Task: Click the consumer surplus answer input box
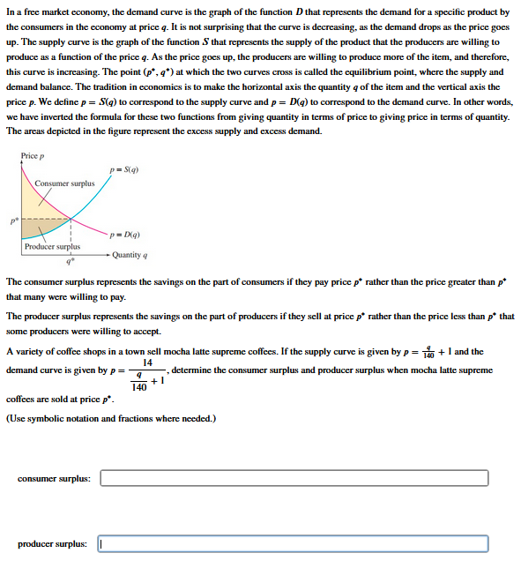tap(294, 478)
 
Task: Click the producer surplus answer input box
tap(294, 544)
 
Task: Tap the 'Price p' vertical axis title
tap(33, 156)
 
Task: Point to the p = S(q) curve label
tap(123, 169)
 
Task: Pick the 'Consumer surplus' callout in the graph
tap(64, 183)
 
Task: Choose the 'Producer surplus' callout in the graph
tap(52, 247)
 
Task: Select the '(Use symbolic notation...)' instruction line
tap(110, 417)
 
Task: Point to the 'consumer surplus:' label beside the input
tap(54, 478)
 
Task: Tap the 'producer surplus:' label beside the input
tap(52, 544)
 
